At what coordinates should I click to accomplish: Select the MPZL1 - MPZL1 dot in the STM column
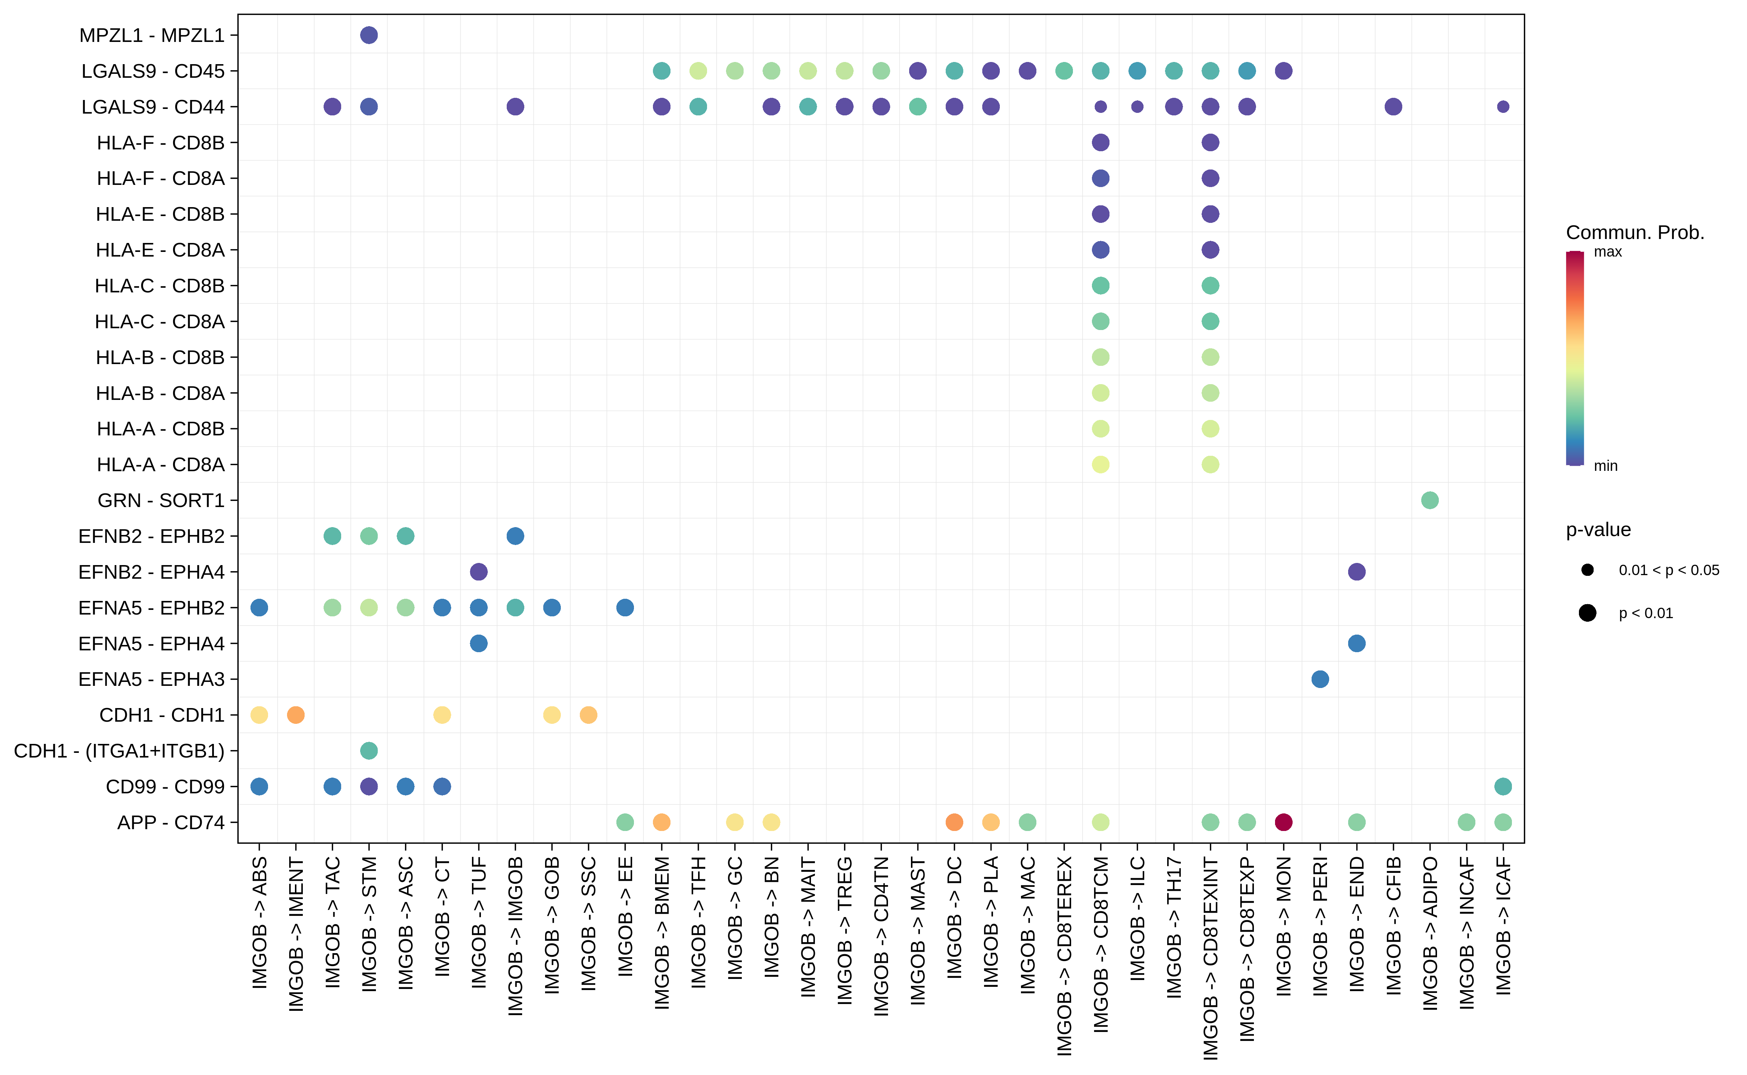coord(368,35)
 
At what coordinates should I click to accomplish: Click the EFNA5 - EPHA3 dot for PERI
coord(1320,679)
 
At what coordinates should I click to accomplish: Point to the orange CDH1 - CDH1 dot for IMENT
coord(296,715)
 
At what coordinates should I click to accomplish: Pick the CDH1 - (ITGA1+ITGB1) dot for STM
coord(368,751)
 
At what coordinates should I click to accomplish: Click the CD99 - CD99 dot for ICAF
coord(1502,786)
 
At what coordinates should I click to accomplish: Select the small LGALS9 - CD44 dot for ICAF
coord(1502,107)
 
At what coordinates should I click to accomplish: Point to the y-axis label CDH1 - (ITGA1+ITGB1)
coord(119,751)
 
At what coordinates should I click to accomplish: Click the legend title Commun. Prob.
coord(1635,233)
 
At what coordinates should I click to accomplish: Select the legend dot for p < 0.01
coord(1587,613)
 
